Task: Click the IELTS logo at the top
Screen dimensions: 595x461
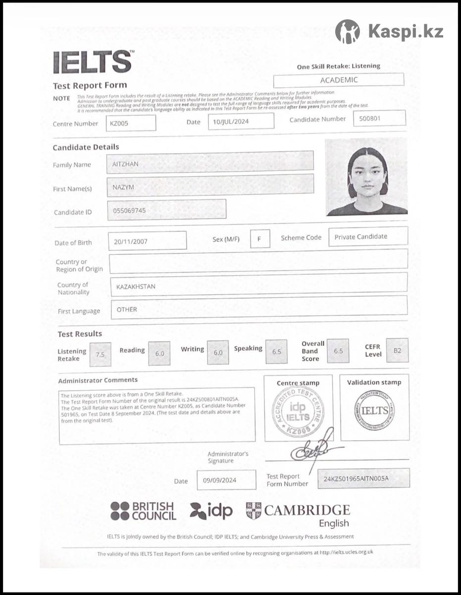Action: point(93,62)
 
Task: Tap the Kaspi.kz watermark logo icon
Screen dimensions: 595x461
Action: point(347,31)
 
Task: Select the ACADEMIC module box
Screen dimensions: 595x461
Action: point(339,80)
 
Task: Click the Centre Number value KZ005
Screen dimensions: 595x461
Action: point(131,123)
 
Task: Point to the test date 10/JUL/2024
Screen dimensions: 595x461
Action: point(241,121)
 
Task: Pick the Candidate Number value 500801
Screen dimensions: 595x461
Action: point(379,119)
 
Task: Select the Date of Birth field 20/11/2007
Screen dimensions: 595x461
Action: point(147,241)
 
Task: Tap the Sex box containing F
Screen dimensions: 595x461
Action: point(260,238)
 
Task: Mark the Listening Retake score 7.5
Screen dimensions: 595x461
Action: point(100,355)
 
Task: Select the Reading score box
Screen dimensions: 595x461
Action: point(159,354)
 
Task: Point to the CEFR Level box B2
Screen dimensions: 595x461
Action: point(397,351)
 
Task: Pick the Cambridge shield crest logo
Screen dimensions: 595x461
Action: point(254,511)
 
